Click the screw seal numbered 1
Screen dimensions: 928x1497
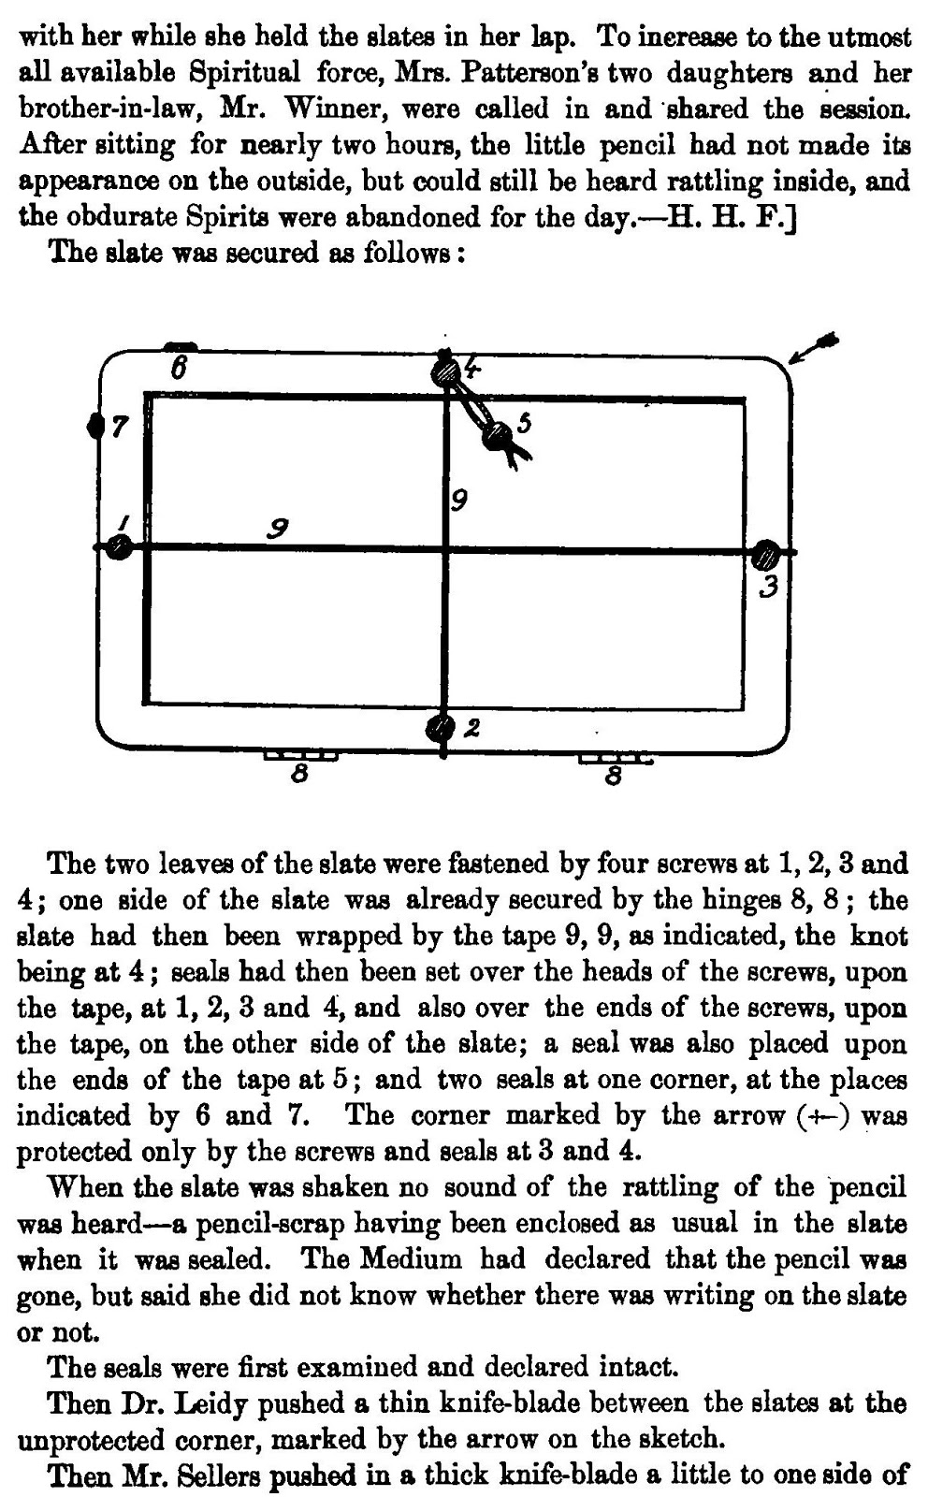point(118,546)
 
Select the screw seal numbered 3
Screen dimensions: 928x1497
point(766,555)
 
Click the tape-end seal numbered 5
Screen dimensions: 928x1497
point(497,433)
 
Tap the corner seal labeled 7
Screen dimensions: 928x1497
point(94,426)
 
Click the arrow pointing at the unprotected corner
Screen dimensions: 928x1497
point(813,348)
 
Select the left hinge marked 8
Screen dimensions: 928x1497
point(299,755)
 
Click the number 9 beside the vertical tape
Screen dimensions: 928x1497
point(458,501)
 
